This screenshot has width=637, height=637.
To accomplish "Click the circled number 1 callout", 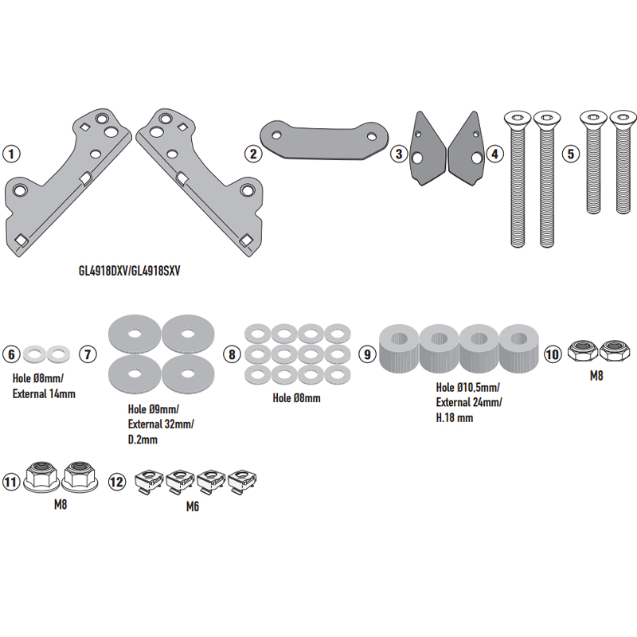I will [x=12, y=153].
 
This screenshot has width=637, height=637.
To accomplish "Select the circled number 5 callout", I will [x=569, y=153].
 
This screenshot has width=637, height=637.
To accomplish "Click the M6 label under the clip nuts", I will [x=193, y=506].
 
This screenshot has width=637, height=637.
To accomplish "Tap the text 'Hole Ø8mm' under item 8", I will [x=296, y=397].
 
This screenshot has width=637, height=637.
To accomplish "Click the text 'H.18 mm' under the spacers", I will [x=455, y=417].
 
